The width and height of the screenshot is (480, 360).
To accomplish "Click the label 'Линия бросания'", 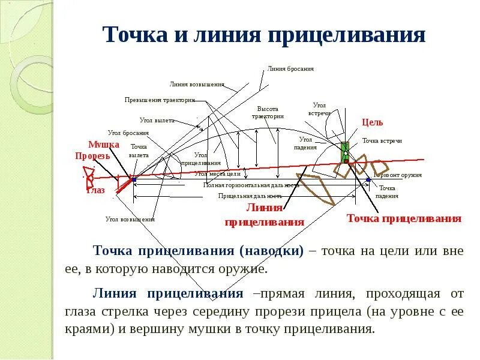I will pos(291,68).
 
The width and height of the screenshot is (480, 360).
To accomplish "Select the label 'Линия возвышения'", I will pos(197,85).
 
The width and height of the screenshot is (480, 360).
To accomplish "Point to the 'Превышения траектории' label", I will pos(160,100).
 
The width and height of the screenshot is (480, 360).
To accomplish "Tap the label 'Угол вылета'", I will pos(157,120).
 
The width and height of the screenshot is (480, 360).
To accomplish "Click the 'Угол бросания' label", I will pos(128,133).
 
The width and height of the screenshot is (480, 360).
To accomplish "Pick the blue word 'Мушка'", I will pos(104,145).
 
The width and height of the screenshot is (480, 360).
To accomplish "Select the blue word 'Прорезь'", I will pos(92,155).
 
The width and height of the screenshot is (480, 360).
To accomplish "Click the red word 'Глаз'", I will pos(95,191).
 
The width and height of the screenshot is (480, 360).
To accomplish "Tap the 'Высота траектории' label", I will pos(268,113).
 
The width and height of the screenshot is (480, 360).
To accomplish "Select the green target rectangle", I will pos(346,152).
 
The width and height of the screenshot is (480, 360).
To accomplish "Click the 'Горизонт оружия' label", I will pos(398,175).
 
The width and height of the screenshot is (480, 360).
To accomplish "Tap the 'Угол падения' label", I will pos(305,143).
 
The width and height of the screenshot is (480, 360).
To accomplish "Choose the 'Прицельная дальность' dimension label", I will pos(250,196).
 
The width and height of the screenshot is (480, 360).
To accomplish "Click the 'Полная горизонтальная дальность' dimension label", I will pos(251,185).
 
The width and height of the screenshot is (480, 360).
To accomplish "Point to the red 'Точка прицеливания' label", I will pos(404,218).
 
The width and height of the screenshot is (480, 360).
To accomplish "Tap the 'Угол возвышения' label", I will pos(130,220).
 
